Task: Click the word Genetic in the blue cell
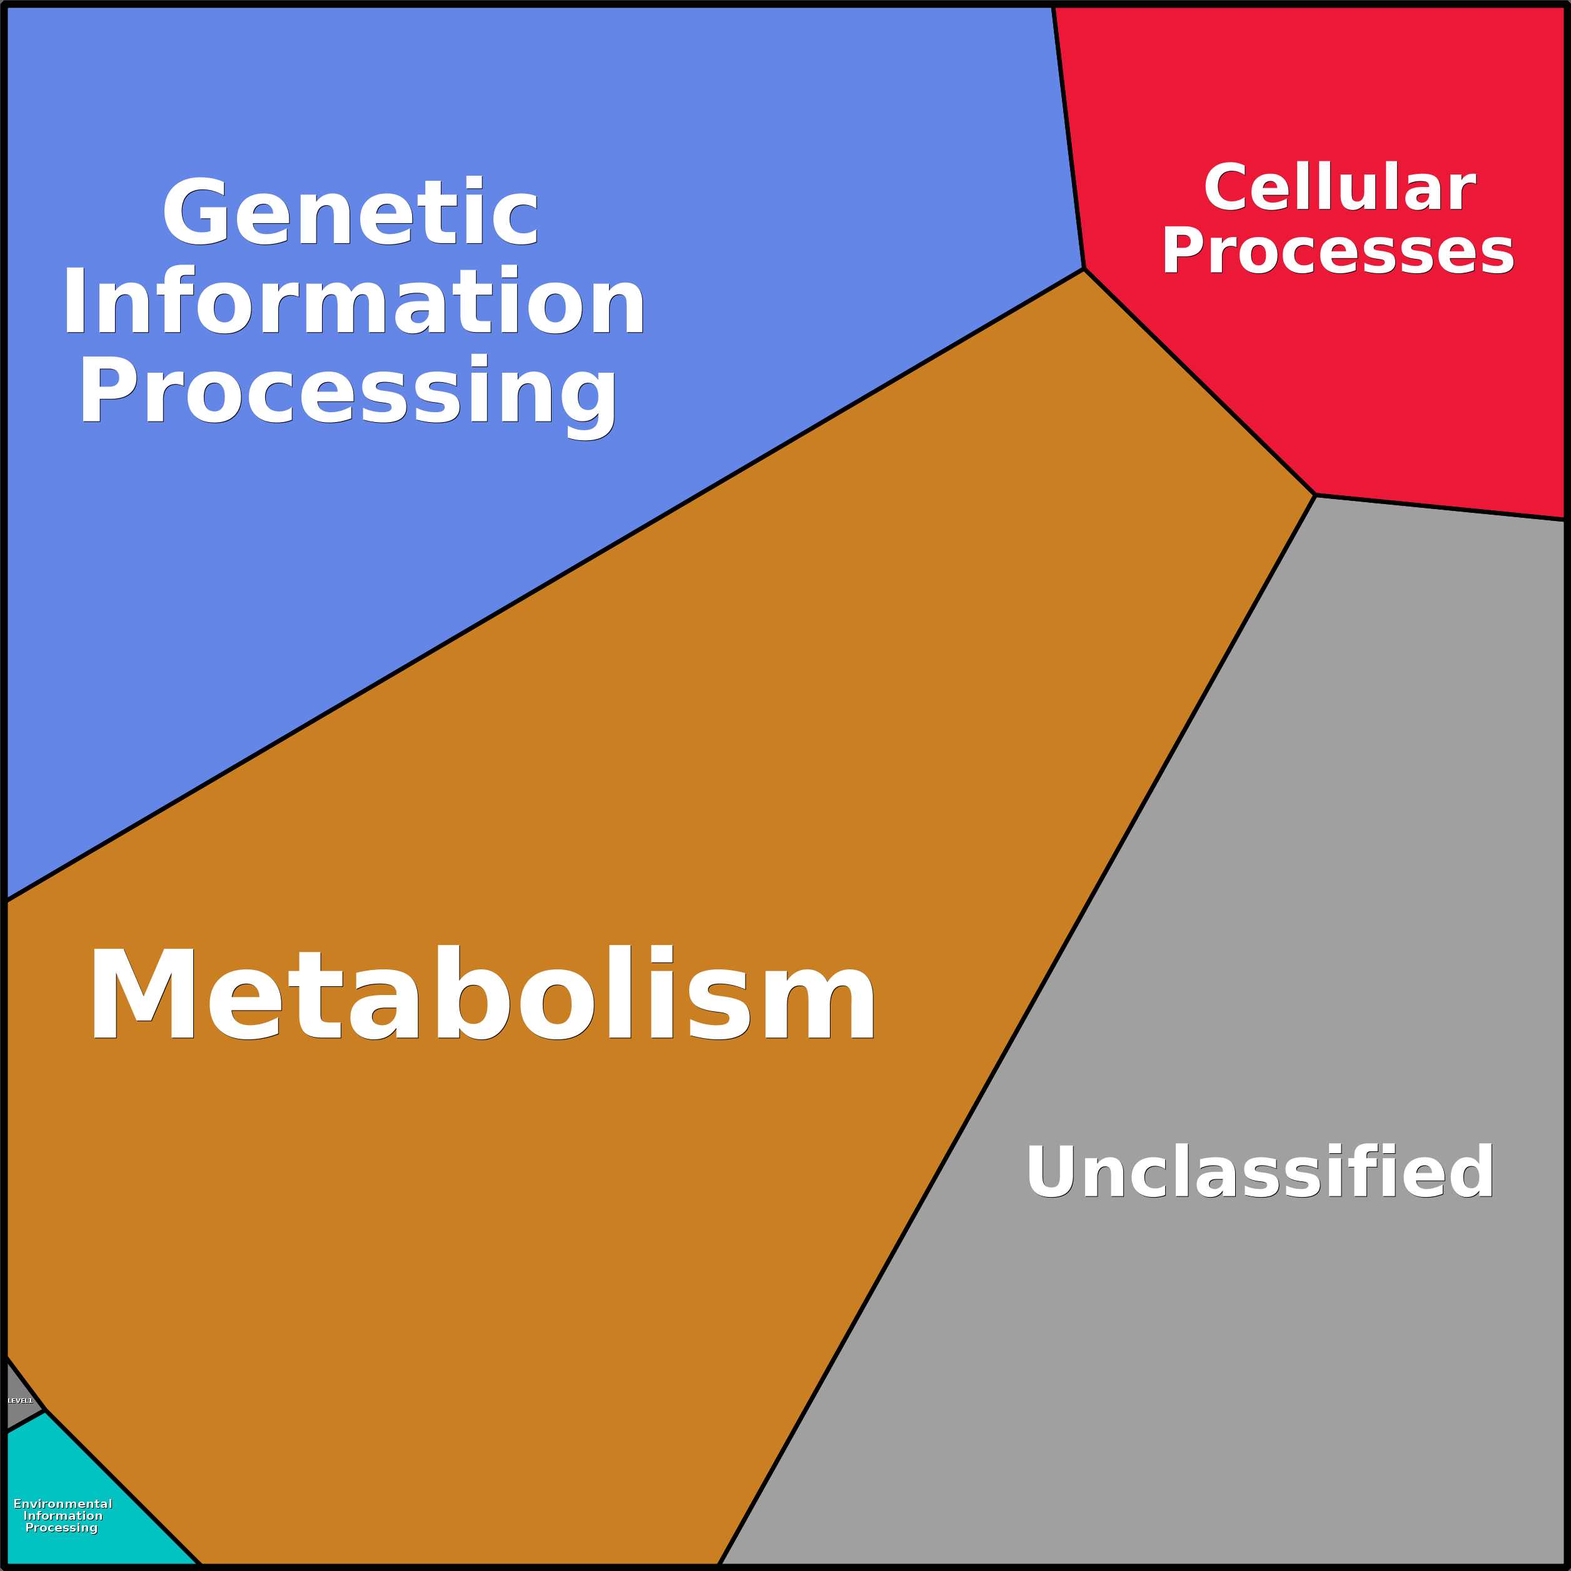point(350,213)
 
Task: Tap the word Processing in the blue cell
point(348,392)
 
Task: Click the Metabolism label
point(482,994)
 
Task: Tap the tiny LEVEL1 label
point(21,1400)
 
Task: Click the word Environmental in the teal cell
point(63,1503)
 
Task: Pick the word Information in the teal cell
point(63,1516)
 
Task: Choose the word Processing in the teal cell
point(62,1527)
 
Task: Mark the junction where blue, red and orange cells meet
point(1084,268)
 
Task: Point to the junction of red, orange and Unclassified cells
point(1315,495)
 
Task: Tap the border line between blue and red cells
point(1068,138)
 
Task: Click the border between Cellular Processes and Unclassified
point(1439,507)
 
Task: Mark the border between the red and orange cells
point(1200,381)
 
